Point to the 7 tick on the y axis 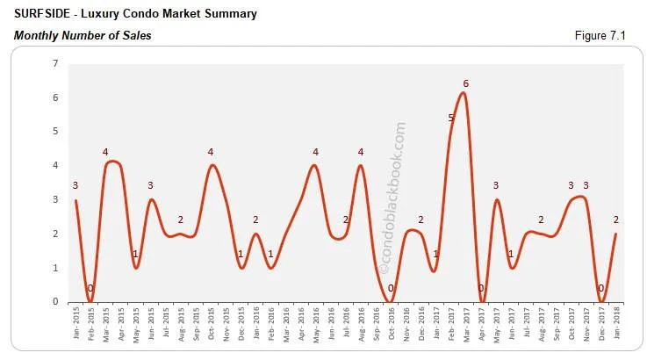pos(55,63)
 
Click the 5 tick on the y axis pos(55,132)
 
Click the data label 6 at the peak pos(466,83)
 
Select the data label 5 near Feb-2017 pos(451,118)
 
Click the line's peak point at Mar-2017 pos(464,94)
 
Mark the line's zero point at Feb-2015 pos(90,301)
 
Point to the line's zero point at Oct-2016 pos(391,301)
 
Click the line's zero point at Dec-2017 pos(600,301)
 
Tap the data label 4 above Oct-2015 pos(211,152)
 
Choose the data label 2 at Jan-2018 pos(615,220)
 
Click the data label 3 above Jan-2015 pos(75,185)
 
